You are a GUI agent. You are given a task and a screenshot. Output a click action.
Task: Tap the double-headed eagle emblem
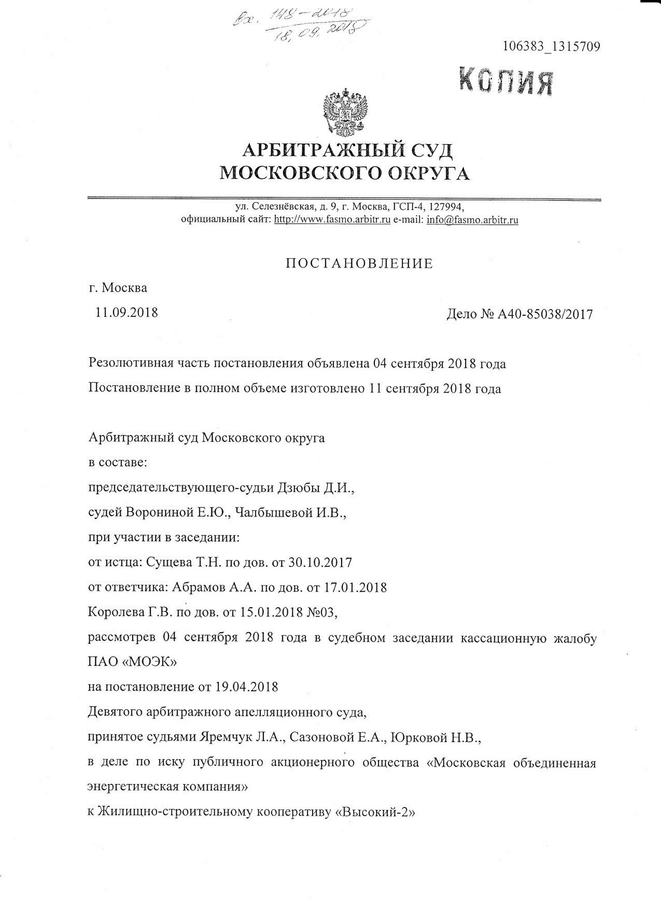click(345, 114)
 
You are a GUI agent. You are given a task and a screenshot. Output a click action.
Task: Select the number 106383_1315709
click(551, 47)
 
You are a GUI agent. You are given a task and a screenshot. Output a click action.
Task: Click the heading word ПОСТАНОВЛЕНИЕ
click(359, 264)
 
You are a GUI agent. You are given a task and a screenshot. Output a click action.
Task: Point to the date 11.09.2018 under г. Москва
click(126, 312)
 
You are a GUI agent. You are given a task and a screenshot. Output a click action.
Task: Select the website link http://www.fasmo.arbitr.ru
click(333, 220)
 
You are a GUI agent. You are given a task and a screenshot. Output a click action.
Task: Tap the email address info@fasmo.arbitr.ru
click(472, 220)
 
